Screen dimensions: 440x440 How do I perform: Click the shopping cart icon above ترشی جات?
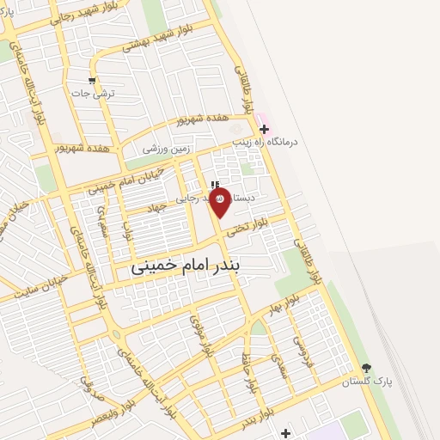point(91,82)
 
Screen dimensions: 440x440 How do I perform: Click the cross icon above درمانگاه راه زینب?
point(264,129)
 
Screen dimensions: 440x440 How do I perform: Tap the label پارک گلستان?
point(367,382)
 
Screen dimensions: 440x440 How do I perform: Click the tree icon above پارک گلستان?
point(367,369)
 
